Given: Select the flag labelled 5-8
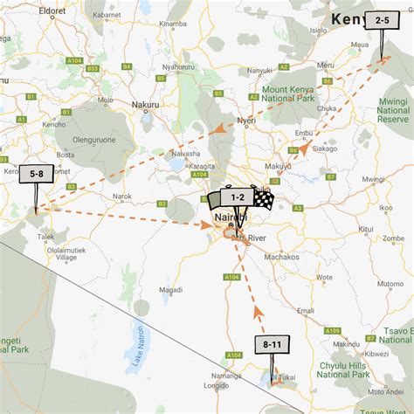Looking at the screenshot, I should [x=37, y=175].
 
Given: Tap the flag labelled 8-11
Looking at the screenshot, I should [x=272, y=345].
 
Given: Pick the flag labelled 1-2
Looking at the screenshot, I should [x=238, y=198].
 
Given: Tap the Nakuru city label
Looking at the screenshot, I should [x=139, y=103].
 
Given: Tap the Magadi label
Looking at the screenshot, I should [x=170, y=289].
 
